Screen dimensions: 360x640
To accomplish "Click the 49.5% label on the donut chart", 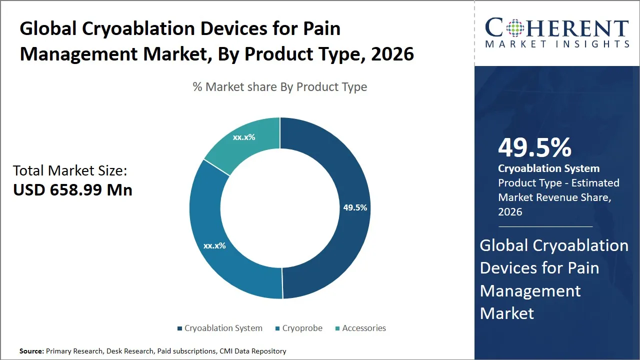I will (x=355, y=207).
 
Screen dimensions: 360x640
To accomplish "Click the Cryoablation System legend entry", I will (x=219, y=328).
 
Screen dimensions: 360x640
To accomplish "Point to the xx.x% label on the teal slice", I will (x=244, y=136).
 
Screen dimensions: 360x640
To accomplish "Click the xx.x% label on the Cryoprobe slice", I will (x=214, y=245).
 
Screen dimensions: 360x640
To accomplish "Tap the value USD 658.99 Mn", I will (x=72, y=190).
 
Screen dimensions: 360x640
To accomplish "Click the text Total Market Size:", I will (x=70, y=171).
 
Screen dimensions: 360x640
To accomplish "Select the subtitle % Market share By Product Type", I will (x=280, y=87).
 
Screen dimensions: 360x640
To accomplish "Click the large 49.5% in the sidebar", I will (x=534, y=147).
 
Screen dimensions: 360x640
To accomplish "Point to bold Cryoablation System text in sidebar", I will (x=548, y=168).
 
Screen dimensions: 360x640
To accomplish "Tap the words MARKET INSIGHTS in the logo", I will (x=557, y=44).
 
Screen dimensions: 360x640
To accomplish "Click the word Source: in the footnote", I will (x=31, y=351).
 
